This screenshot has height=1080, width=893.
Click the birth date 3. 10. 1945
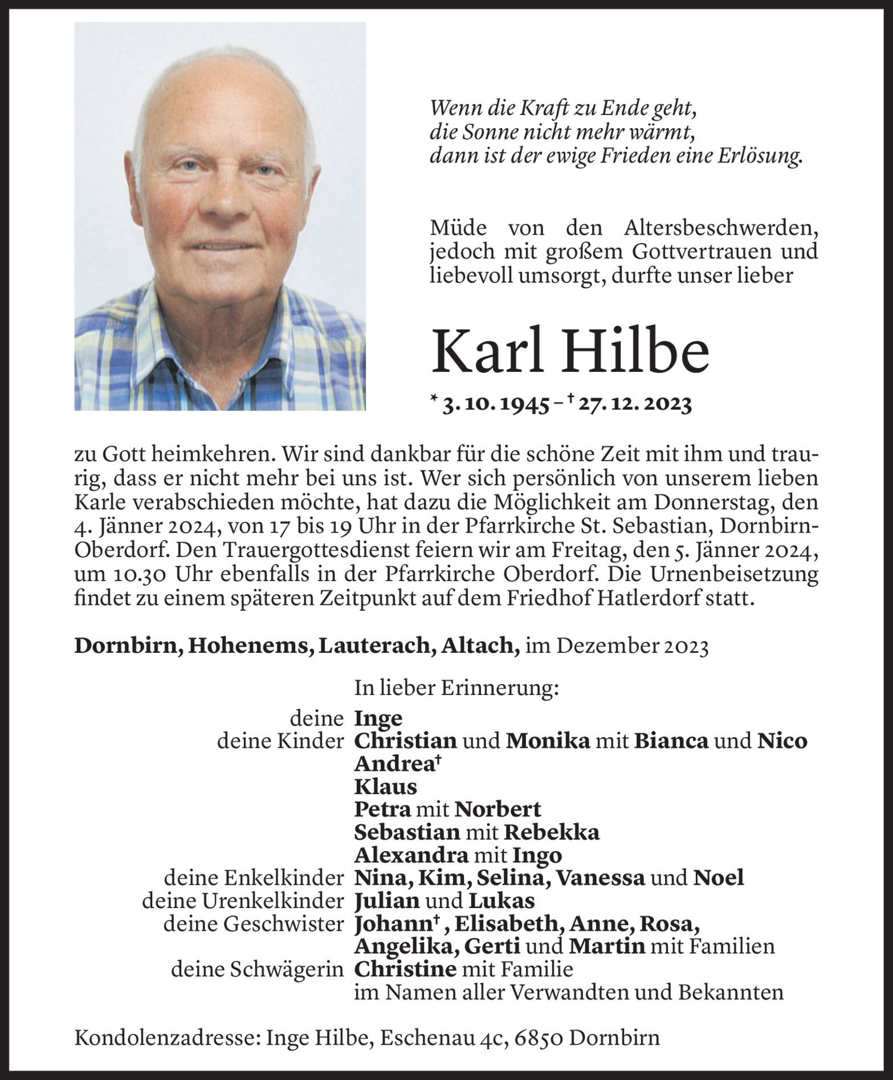point(495,404)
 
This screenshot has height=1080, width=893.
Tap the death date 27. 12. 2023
point(635,404)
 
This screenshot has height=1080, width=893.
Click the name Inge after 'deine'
point(378,718)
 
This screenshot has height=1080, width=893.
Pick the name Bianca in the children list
point(671,741)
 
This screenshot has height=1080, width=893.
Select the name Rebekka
point(551,832)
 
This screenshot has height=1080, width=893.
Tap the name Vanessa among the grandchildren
point(600,878)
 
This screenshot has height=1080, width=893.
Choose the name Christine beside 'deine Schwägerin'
point(405,969)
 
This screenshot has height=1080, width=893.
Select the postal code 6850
point(539,1037)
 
